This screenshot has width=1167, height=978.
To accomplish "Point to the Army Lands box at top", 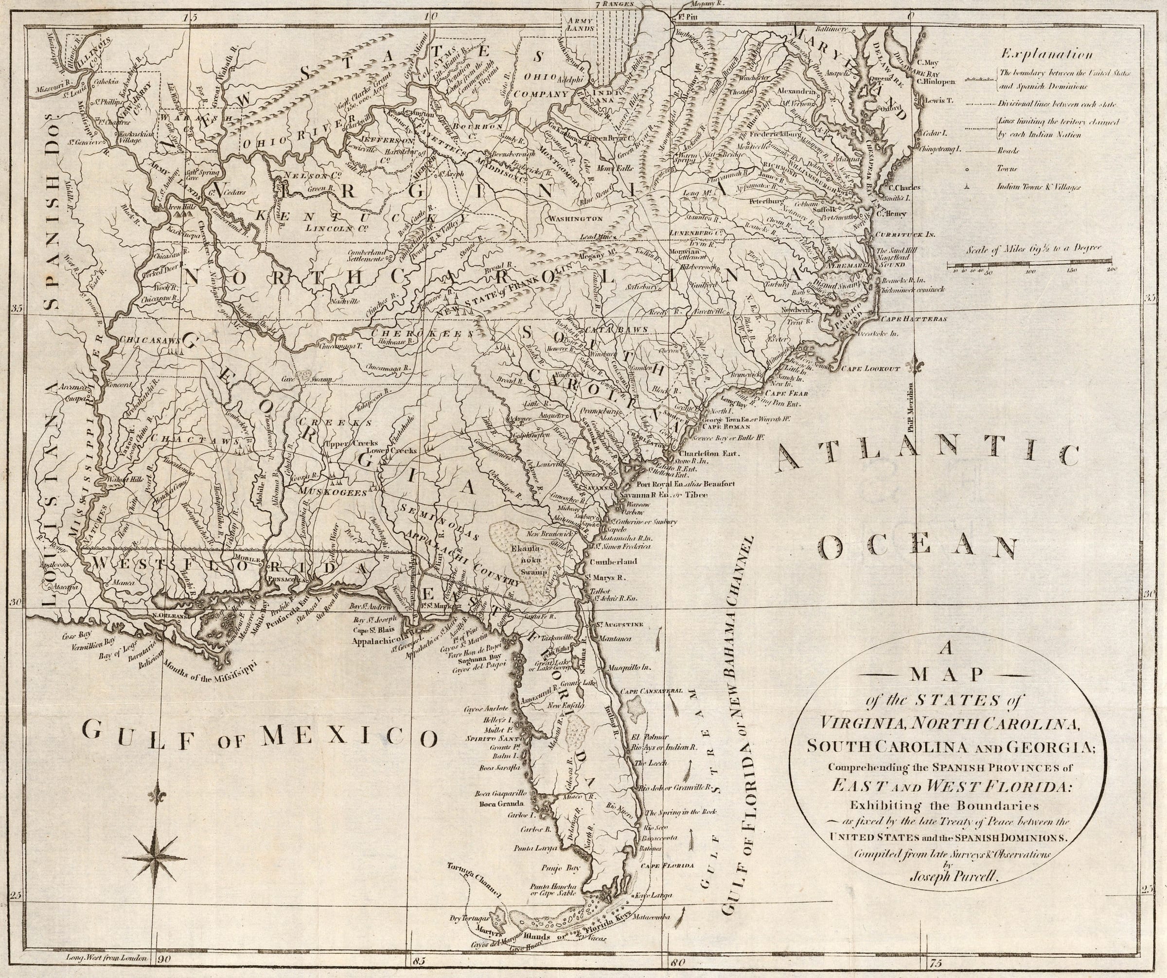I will coord(579,23).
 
